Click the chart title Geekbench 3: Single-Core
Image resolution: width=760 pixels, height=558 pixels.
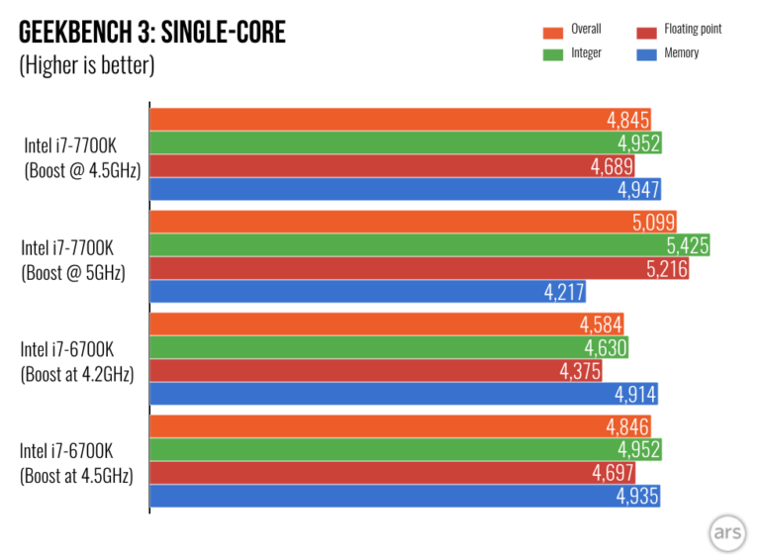click(152, 34)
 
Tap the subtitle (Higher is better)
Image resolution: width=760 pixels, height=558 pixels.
click(87, 67)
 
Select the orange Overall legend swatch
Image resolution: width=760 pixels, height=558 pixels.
click(553, 30)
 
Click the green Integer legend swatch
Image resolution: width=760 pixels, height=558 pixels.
click(553, 52)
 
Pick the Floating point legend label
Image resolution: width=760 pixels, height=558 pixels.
click(693, 30)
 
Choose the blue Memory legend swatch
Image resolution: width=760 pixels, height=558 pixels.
click(646, 52)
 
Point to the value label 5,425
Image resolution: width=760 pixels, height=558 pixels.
click(686, 245)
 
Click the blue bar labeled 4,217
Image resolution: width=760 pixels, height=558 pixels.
click(367, 292)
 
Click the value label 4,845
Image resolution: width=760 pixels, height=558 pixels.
click(628, 120)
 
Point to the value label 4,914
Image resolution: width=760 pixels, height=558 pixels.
click(634, 395)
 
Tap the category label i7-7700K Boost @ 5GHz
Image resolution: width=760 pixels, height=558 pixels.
click(73, 258)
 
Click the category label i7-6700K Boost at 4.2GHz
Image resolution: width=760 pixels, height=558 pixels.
click(76, 361)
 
